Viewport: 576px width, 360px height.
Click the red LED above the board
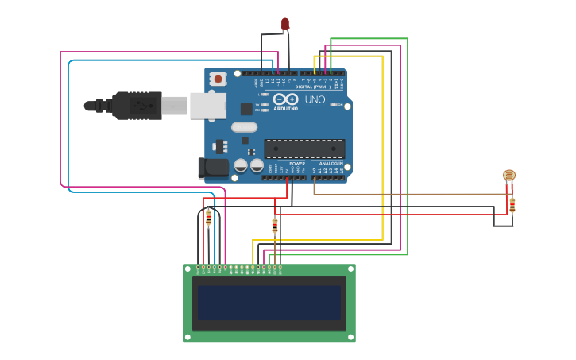pos(285,24)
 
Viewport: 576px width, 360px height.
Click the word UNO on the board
pos(315,99)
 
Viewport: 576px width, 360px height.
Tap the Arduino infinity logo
pos(285,99)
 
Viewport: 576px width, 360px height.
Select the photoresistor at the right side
pos(509,175)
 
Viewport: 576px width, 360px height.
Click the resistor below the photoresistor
pos(512,205)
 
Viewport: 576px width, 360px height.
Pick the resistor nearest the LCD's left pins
pos(209,217)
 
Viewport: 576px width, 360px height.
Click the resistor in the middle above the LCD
pos(275,226)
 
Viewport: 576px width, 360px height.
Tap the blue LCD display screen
pos(269,303)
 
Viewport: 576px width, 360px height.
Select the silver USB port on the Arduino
pos(207,105)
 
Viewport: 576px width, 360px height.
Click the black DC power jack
pos(211,167)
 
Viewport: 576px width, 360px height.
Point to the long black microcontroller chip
pos(304,149)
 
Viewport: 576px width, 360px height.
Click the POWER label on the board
pos(297,163)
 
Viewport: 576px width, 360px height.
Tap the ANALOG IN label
pos(331,163)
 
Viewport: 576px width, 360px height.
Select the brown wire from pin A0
pos(413,194)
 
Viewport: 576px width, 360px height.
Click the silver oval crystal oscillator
pos(245,127)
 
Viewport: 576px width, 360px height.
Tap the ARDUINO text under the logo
pos(285,108)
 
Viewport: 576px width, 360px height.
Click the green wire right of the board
pos(408,143)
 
